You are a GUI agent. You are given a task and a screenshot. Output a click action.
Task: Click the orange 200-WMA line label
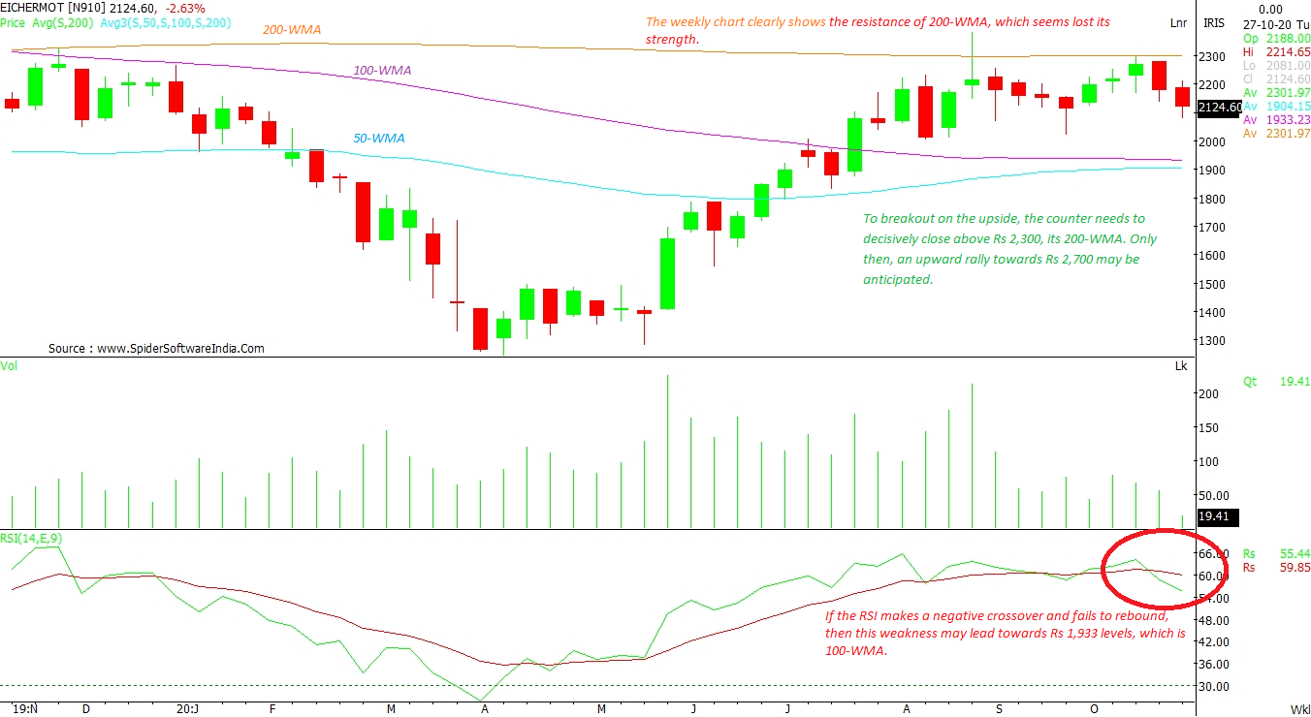[x=292, y=30]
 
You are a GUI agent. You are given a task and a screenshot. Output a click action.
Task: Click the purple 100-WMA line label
[x=382, y=71]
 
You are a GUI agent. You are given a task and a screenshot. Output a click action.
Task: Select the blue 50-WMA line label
[x=378, y=139]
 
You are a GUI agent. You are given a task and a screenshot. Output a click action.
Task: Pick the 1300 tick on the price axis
[x=1212, y=341]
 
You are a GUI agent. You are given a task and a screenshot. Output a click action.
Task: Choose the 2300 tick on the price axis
[x=1212, y=56]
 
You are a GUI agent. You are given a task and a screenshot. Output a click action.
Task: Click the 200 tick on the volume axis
[x=1208, y=394]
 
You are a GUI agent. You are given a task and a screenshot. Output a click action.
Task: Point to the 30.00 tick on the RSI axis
[x=1212, y=686]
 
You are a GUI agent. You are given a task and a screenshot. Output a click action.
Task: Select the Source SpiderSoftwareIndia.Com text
[x=156, y=349]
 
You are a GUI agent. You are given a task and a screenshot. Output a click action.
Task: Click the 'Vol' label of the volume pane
[x=9, y=365]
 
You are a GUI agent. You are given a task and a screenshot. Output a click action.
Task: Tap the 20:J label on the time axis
[x=188, y=708]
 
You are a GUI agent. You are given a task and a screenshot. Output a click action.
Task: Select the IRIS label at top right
[x=1213, y=23]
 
